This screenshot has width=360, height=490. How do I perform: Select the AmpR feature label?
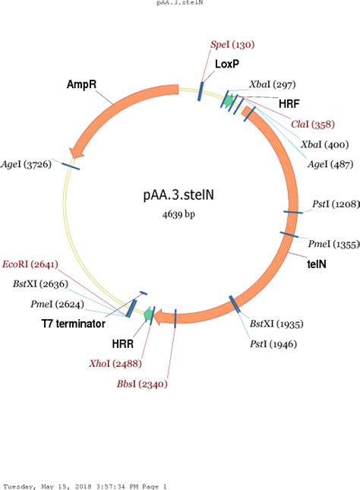click(x=81, y=84)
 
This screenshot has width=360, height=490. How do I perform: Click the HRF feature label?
click(x=289, y=103)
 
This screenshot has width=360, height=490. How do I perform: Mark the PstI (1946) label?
click(x=273, y=344)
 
